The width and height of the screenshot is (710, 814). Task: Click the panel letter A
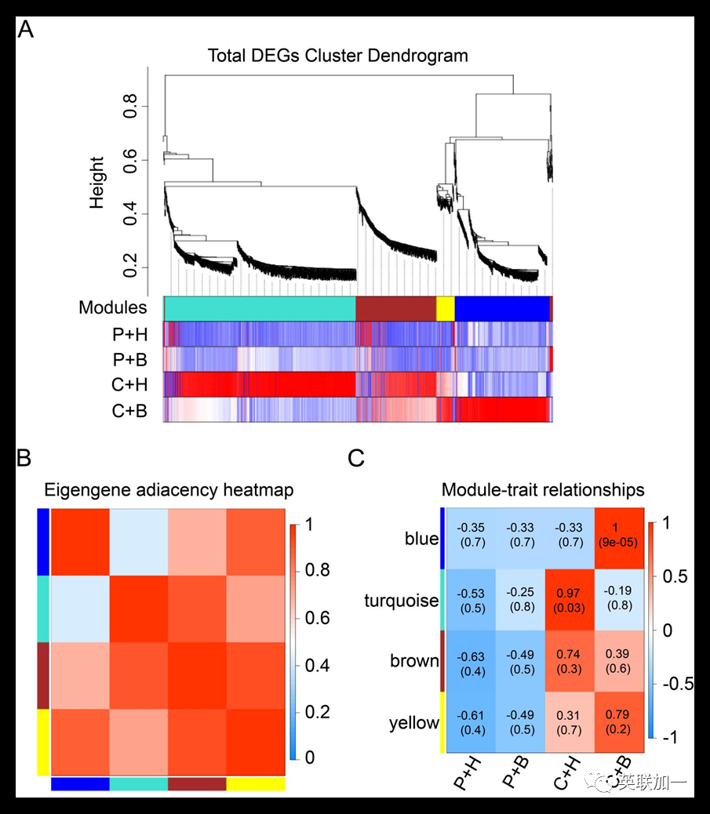click(x=26, y=31)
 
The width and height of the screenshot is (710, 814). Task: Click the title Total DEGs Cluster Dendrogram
click(x=337, y=56)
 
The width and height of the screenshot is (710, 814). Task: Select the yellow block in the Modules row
click(x=445, y=309)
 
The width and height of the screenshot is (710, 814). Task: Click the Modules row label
click(x=113, y=308)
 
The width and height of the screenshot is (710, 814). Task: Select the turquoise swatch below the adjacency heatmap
click(x=138, y=783)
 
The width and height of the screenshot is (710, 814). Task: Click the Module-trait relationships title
click(x=543, y=491)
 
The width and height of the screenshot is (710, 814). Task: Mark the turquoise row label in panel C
click(x=401, y=601)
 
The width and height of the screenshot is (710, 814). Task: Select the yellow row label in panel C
click(x=413, y=723)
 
